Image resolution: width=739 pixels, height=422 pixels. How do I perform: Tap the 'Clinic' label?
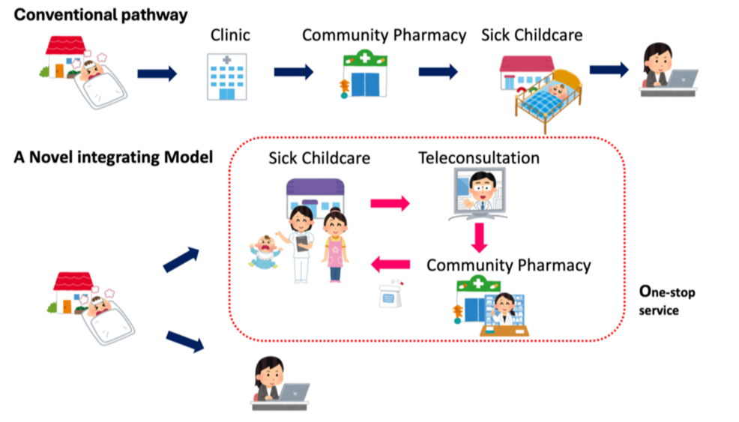coord(229,34)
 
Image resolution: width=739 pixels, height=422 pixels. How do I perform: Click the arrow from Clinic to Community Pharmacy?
coord(292,72)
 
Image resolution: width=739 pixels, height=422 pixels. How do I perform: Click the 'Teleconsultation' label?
coord(478,158)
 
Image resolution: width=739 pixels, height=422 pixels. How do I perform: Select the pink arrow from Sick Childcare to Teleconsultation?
coord(390,202)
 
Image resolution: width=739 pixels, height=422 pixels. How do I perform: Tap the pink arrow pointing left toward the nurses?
coord(391,263)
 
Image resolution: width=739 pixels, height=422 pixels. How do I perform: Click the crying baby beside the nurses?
coord(265,251)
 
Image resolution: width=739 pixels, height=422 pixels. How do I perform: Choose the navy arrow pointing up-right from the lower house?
coord(183,257)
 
